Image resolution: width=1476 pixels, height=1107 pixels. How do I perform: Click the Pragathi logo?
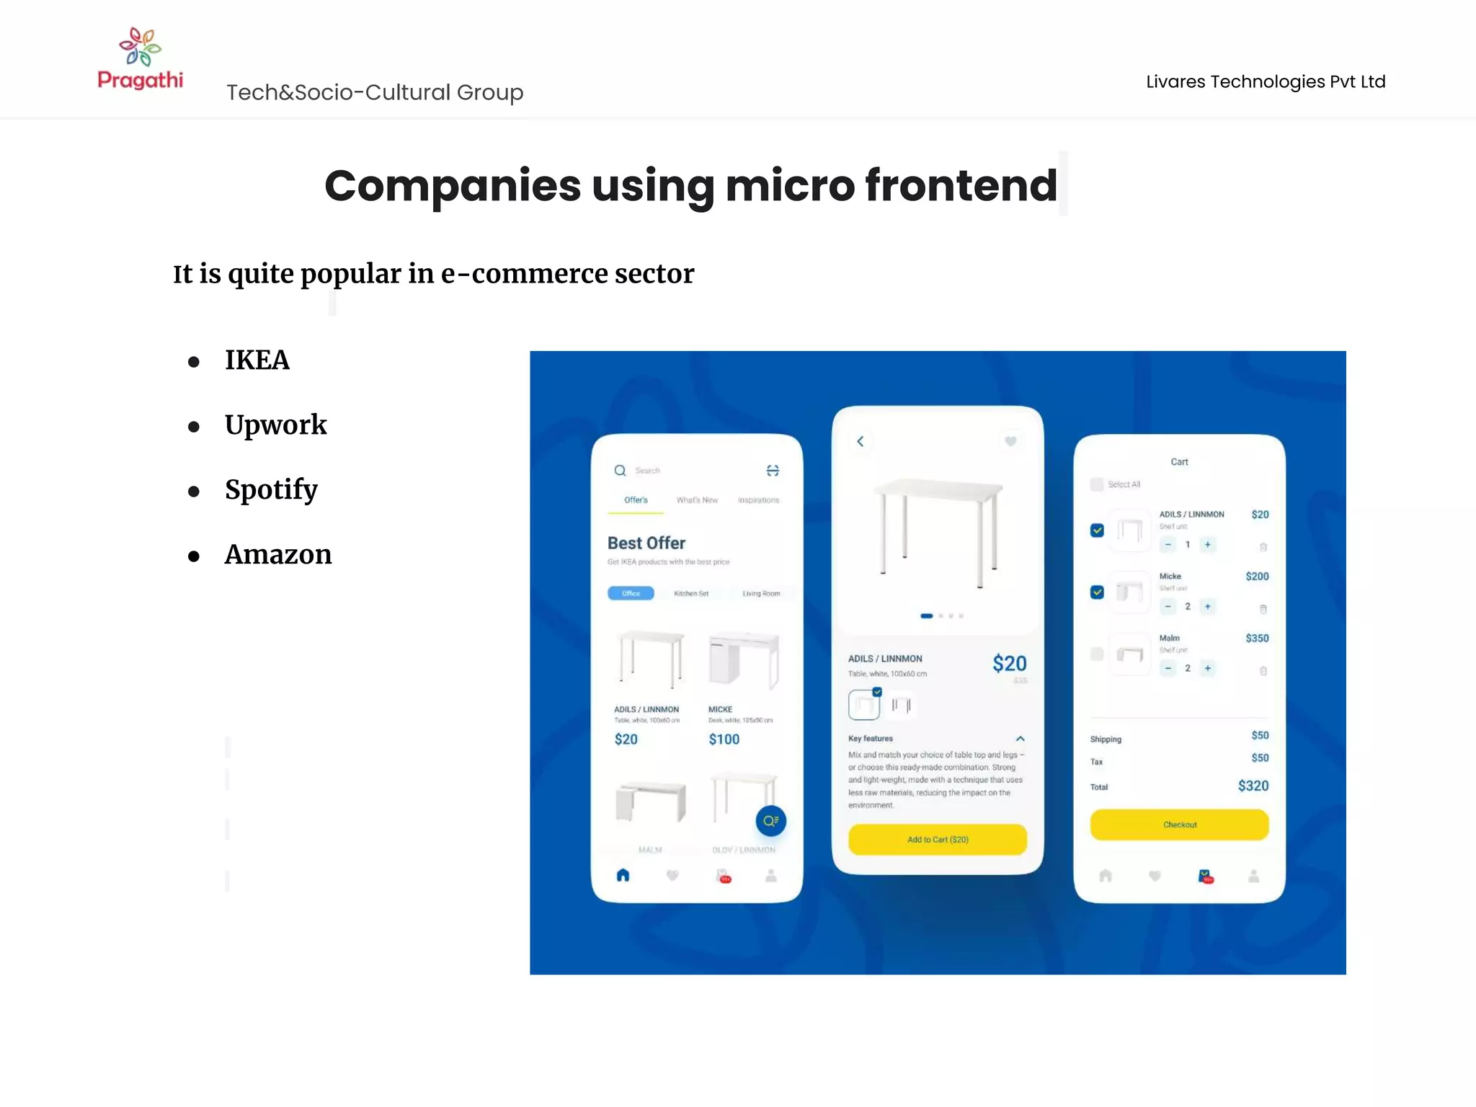click(140, 59)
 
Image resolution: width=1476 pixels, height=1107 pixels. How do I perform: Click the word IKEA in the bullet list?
click(257, 360)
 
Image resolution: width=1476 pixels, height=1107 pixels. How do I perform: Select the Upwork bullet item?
click(275, 424)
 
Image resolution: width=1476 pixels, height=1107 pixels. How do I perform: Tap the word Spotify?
click(271, 489)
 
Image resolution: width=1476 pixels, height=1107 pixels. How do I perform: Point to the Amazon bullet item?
click(278, 554)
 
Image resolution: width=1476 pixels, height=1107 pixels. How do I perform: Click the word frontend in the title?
click(961, 185)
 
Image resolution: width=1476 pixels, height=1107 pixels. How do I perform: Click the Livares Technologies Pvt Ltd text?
click(1266, 81)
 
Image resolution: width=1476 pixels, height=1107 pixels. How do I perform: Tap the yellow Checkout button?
click(1179, 824)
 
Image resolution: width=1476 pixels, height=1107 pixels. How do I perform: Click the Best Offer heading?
click(646, 543)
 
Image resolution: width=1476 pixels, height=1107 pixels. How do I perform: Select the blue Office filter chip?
click(631, 593)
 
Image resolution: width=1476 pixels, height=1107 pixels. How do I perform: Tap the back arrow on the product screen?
click(860, 441)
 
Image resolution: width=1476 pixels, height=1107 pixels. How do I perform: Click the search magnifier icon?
click(620, 471)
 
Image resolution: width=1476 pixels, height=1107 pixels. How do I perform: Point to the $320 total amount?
click(1253, 786)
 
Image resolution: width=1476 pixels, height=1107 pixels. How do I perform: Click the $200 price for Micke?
click(1257, 577)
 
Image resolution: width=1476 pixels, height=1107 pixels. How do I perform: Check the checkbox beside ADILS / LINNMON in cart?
click(1097, 530)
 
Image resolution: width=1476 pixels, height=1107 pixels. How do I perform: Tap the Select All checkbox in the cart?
click(1097, 484)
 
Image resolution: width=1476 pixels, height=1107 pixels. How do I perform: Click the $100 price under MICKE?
click(724, 739)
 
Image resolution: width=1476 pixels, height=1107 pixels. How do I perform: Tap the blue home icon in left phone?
click(623, 875)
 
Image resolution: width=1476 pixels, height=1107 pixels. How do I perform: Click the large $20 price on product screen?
click(1009, 663)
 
